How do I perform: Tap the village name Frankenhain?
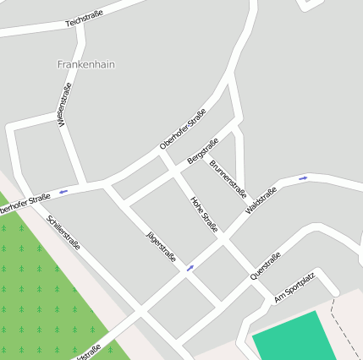pos(85,64)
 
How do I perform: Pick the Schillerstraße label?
pos(64,233)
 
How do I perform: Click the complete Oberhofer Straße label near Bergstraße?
pos(183,130)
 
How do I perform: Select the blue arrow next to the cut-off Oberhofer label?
pos(63,192)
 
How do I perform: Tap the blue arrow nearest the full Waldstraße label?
pos(303,178)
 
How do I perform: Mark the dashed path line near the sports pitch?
pos(343,321)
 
